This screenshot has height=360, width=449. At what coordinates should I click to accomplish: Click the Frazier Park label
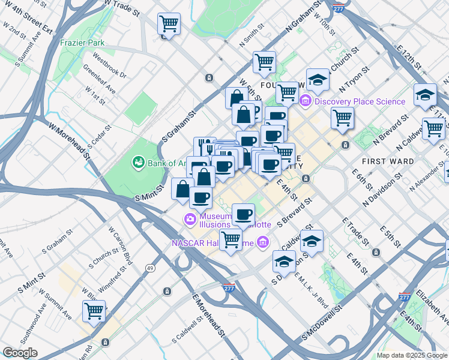coord(82,43)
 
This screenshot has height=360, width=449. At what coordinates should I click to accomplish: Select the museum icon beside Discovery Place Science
coord(306,101)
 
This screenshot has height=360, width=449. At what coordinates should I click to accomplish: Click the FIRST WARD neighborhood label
coord(388,161)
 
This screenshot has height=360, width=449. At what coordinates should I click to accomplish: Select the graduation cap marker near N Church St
coord(318,80)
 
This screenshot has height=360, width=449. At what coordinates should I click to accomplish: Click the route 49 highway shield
coord(153,268)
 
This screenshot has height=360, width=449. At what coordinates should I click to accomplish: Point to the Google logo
coord(20,353)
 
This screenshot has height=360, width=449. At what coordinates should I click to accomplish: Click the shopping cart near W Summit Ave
coord(94,311)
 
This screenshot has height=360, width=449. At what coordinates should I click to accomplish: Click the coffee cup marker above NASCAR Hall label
coord(243,214)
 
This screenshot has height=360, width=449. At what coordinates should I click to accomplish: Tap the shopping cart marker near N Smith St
coord(264,61)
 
